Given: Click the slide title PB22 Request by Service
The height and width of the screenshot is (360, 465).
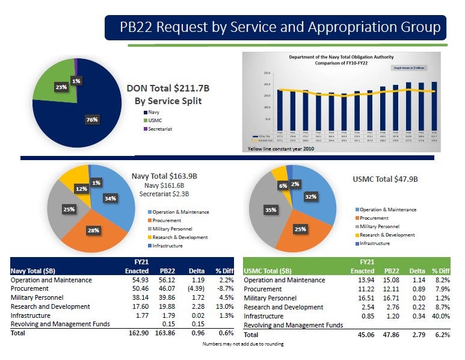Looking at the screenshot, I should pos(280,28).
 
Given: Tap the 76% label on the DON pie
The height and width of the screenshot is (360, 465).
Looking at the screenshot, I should pos(91,120).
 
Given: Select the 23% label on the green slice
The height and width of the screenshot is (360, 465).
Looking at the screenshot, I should pos(61,87).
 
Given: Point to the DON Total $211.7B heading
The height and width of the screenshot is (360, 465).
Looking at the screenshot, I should pos(167,88).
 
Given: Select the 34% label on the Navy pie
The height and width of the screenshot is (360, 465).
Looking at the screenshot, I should pos(109,198).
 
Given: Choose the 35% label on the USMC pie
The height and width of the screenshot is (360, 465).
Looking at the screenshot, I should pos(270,210).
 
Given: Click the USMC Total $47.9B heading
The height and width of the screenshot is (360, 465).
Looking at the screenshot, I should pos(384,179).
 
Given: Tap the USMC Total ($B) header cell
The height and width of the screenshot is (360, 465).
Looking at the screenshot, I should pos(268,271).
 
